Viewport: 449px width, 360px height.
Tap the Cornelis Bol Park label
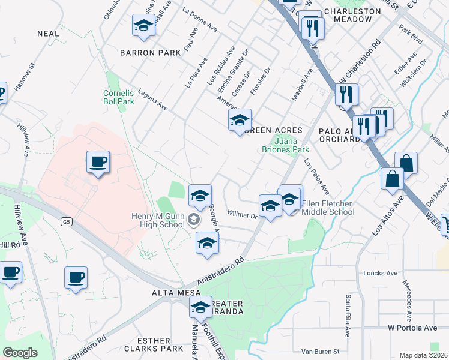(118, 98)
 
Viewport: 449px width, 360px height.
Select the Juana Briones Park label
(285, 145)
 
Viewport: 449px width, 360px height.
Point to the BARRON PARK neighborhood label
(150, 53)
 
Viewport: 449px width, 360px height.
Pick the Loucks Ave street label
(381, 273)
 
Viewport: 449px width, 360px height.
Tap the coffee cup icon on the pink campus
(98, 162)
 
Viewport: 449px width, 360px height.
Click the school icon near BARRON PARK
(143, 25)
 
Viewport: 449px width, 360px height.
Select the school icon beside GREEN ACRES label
(240, 120)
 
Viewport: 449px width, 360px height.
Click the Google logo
(20, 352)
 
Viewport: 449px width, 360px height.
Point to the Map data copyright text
(423, 355)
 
